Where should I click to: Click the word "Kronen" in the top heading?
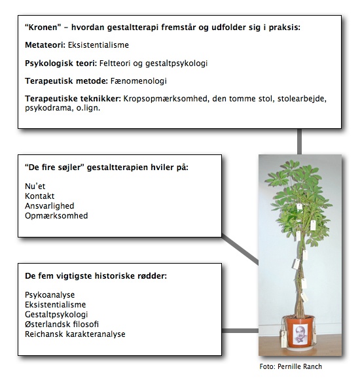[x=43, y=27]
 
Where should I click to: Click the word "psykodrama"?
[x=46, y=109]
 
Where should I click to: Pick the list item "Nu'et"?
[x=35, y=186]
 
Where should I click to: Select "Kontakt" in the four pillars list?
[x=39, y=196]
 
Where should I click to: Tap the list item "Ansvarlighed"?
[x=49, y=205]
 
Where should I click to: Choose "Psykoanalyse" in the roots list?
[x=48, y=295]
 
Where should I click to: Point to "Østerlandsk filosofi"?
[x=62, y=325]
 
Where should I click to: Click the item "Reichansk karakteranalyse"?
[x=75, y=334]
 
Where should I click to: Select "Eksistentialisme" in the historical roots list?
[x=55, y=305]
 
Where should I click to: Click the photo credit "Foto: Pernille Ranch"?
[x=291, y=366]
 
